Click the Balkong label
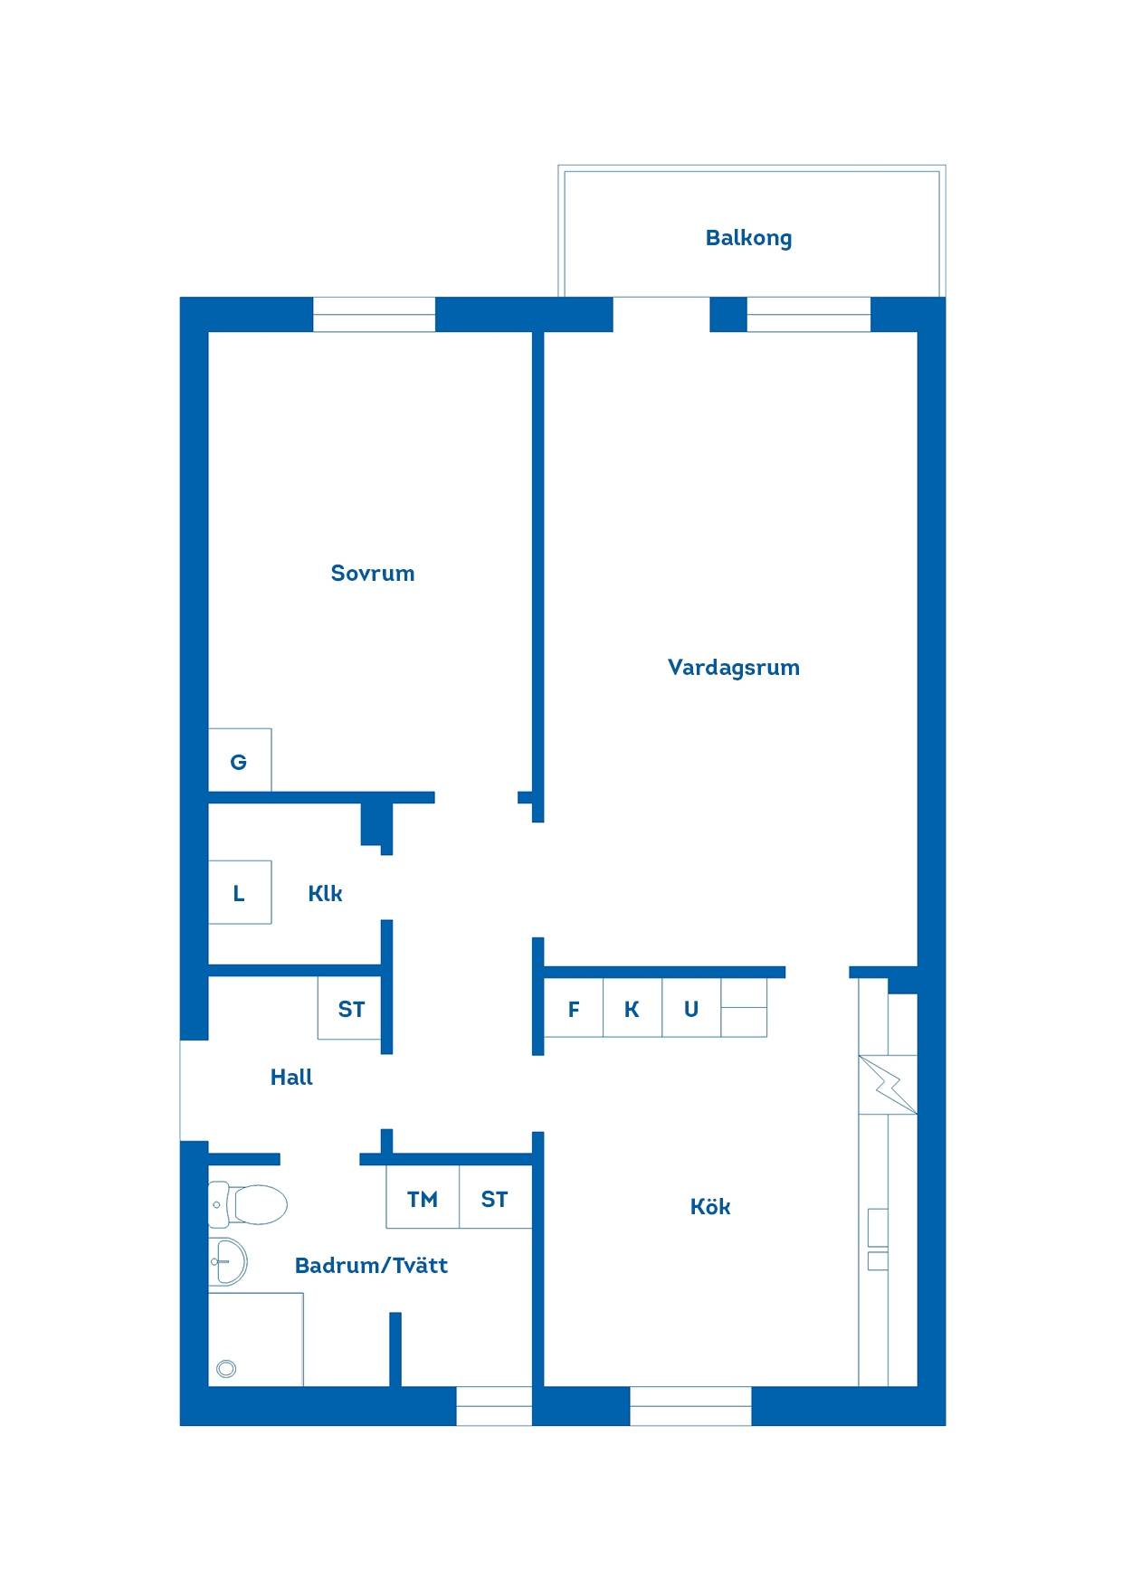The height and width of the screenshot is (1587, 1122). [748, 239]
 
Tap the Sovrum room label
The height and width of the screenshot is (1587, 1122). [373, 573]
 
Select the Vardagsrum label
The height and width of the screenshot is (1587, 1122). [734, 668]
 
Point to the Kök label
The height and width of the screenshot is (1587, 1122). [710, 1206]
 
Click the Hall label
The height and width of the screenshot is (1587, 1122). [291, 1077]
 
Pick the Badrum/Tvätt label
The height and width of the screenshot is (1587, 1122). [372, 1265]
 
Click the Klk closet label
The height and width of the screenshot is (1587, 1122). [325, 893]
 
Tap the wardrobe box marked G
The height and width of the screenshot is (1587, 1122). [240, 760]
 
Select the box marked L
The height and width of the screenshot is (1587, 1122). [240, 892]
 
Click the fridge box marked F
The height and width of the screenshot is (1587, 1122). [574, 1008]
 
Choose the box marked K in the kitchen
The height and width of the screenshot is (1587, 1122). [632, 1008]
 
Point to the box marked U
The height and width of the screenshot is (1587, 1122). [691, 1008]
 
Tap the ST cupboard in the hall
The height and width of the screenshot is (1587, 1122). [349, 1008]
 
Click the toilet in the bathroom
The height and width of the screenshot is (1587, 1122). [248, 1204]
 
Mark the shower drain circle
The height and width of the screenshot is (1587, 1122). [226, 1369]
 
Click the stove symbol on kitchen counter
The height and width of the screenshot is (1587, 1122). [888, 1085]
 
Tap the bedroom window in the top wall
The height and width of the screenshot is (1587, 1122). [375, 315]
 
